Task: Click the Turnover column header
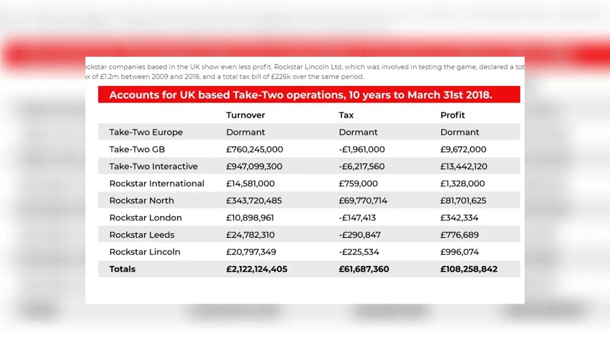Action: click(246, 115)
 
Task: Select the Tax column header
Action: click(346, 115)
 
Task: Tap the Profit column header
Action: click(453, 115)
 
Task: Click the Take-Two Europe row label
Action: click(146, 132)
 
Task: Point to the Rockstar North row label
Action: click(142, 201)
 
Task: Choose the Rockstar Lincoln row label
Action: click(145, 252)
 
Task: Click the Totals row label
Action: click(123, 269)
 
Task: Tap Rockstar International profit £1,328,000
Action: click(462, 184)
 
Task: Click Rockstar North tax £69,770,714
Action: click(371, 201)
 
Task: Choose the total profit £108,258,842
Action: click(469, 269)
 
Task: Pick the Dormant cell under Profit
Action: click(460, 132)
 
